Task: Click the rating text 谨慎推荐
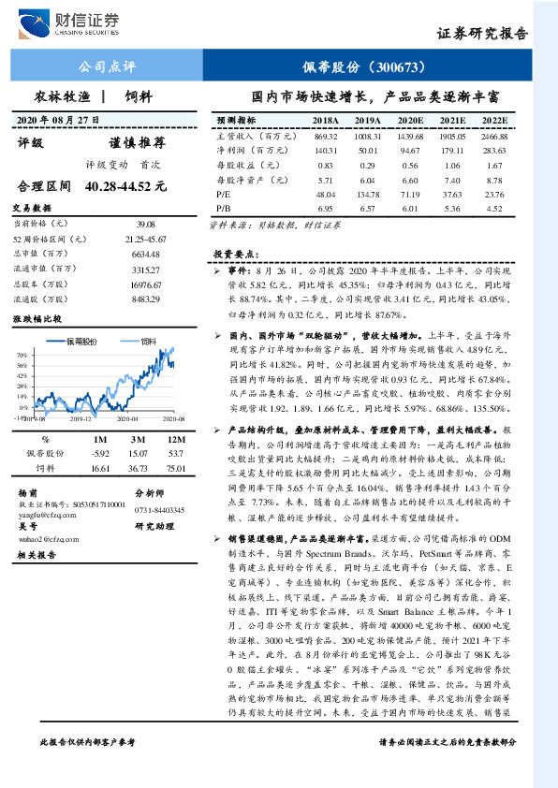[x=132, y=143]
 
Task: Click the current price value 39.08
[x=145, y=225]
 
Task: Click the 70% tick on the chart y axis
[x=21, y=357]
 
